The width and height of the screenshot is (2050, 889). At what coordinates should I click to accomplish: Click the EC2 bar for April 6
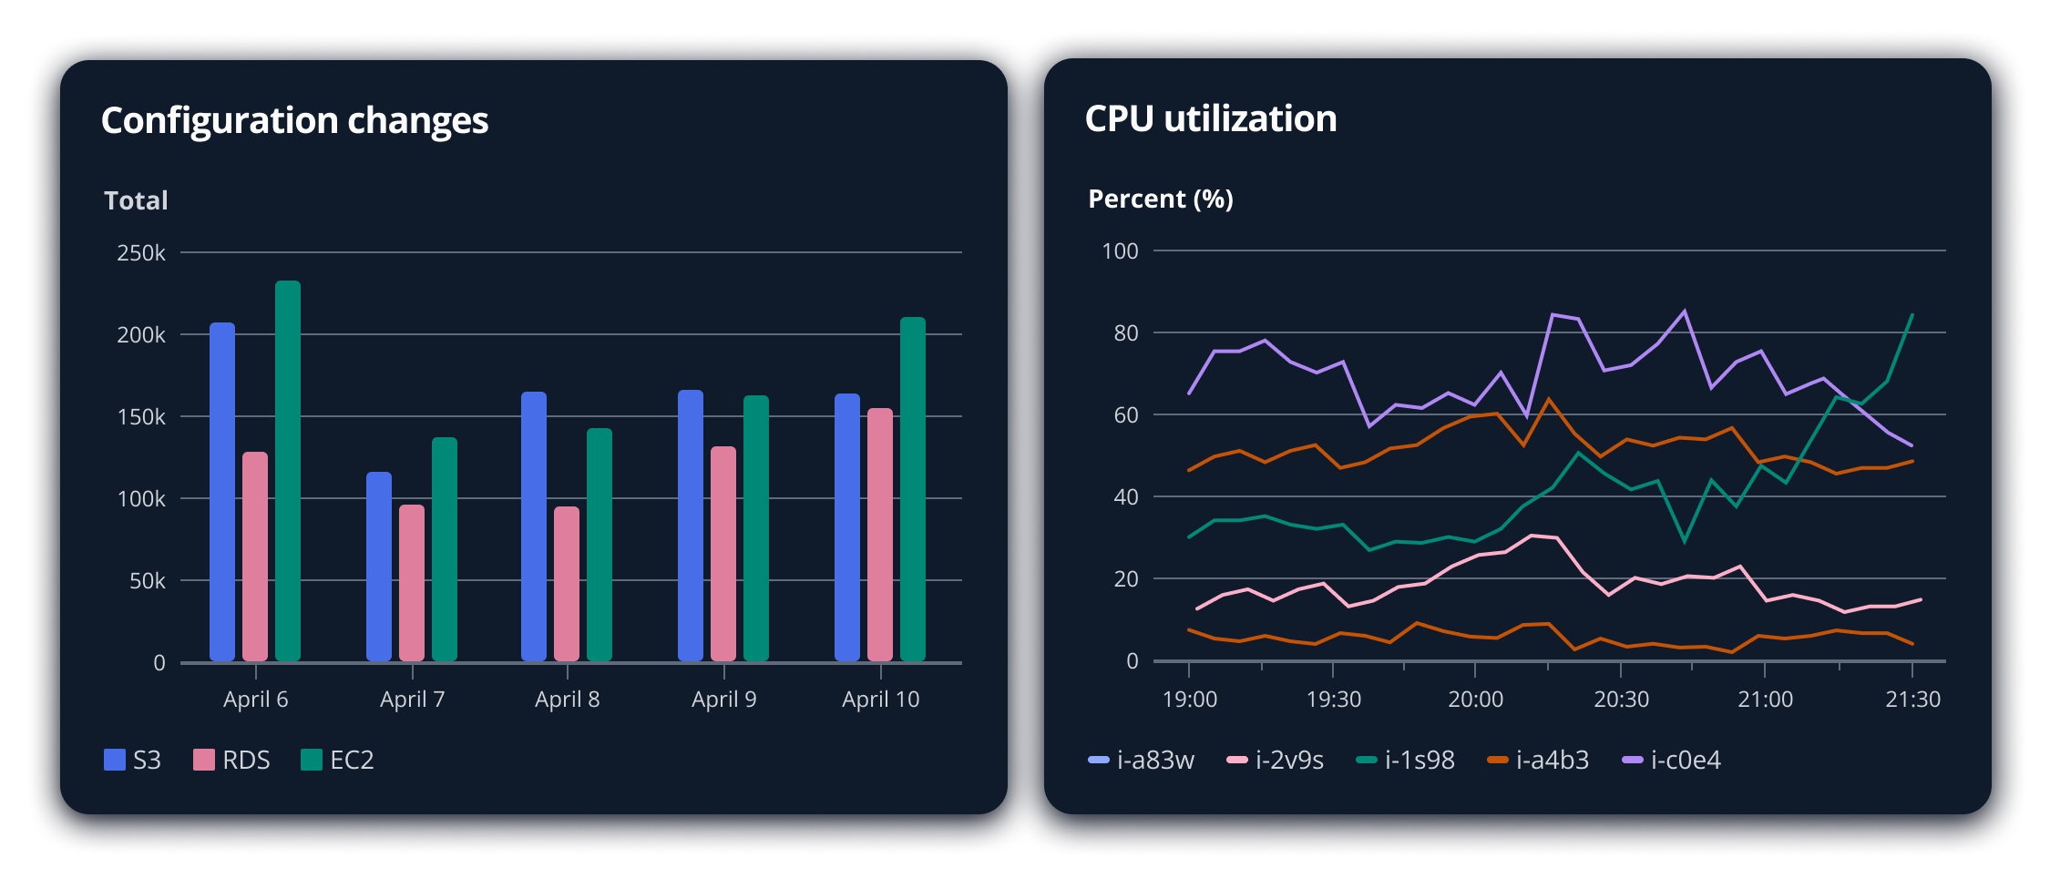tap(288, 471)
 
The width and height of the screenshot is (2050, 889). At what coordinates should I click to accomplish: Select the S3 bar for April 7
tap(379, 567)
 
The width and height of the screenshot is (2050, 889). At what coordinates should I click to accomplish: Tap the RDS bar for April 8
tap(567, 584)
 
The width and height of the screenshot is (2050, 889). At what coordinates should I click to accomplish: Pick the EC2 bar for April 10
tap(913, 489)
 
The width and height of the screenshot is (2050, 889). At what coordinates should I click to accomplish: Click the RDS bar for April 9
tap(723, 554)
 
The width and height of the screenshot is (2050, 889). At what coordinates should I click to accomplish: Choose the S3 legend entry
tap(133, 760)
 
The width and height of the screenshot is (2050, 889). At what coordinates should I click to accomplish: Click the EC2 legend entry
tap(338, 760)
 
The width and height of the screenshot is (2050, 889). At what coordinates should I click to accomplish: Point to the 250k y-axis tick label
tap(141, 253)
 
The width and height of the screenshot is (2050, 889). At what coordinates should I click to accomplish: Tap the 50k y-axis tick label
tap(147, 581)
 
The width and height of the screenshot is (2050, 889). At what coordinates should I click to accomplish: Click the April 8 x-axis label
tap(567, 700)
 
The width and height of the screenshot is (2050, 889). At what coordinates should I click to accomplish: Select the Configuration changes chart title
tap(294, 120)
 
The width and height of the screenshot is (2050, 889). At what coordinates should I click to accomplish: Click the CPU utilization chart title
tap(1211, 118)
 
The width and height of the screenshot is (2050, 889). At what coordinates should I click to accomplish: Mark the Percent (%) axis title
tap(1161, 199)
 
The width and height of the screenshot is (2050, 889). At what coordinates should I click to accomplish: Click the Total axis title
tap(136, 200)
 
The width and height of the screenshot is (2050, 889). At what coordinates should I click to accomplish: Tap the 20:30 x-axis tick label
tap(1621, 700)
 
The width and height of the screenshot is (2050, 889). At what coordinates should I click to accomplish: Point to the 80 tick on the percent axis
tap(1126, 333)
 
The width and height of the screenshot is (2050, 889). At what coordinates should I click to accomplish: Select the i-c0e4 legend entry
tap(1672, 760)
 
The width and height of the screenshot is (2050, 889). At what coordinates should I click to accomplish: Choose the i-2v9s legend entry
tap(1276, 760)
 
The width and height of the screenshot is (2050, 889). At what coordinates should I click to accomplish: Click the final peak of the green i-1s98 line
tap(1912, 314)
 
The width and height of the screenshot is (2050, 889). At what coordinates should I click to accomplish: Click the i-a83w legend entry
tap(1142, 760)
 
